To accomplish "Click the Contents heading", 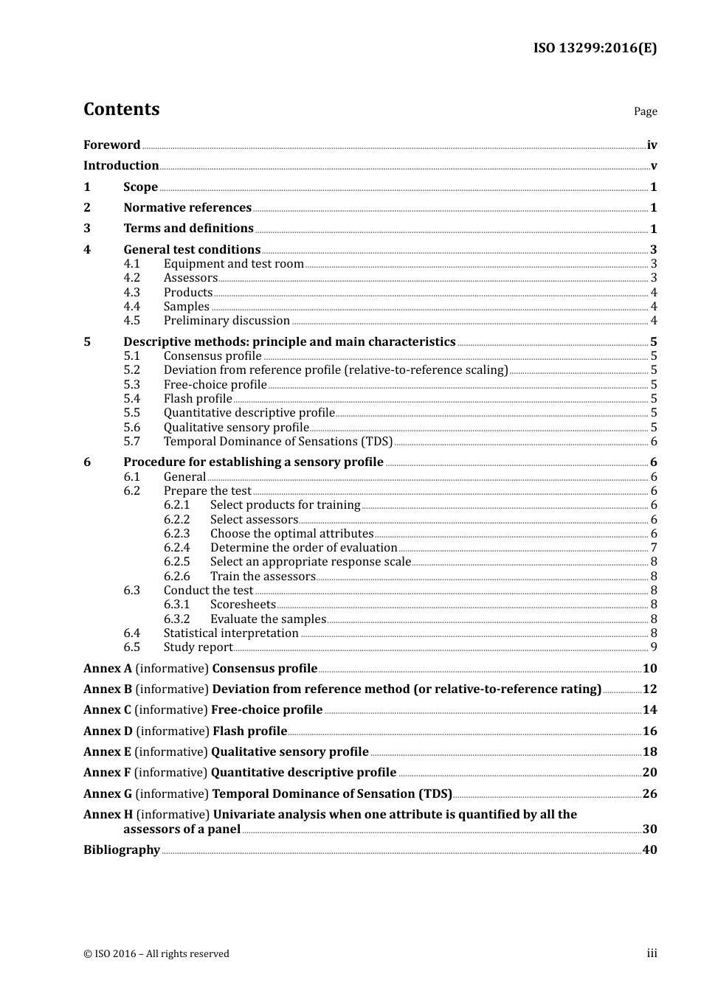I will tap(121, 109).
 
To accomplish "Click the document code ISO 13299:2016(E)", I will tap(595, 49).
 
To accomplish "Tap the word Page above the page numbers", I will tap(645, 111).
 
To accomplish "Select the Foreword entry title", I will tap(111, 145).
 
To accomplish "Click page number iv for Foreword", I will tap(652, 145).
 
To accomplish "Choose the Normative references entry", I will tap(187, 208).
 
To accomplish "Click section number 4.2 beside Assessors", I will tap(131, 278).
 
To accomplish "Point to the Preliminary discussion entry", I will tap(227, 321).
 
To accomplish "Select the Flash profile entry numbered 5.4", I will tap(198, 399).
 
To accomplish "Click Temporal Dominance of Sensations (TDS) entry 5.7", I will tap(278, 442).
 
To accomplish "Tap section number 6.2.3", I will tap(176, 534).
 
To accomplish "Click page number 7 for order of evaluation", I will tap(654, 548).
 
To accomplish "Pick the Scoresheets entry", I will tap(243, 605).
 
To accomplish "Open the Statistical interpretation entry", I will tap(231, 633).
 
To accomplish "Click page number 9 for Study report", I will tap(654, 647).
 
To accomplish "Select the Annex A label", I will tap(108, 669).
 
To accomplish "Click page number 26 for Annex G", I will tap(649, 794).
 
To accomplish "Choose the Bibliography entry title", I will tap(122, 850).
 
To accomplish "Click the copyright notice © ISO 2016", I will tap(156, 954).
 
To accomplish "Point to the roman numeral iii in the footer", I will tap(652, 953).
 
